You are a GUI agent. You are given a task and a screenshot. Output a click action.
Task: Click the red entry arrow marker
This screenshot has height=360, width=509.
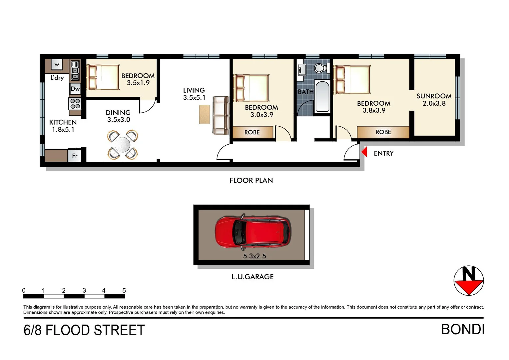[364, 152]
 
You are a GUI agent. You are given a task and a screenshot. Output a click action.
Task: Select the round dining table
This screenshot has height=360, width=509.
[122, 145]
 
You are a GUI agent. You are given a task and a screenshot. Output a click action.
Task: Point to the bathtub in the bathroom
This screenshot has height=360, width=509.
[322, 96]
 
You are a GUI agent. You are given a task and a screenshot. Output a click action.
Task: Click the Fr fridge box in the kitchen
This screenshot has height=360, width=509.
[75, 156]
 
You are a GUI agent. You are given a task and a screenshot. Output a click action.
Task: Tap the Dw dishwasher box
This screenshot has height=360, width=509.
[75, 89]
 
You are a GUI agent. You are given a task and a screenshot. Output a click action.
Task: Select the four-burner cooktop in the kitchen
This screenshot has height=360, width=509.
[75, 104]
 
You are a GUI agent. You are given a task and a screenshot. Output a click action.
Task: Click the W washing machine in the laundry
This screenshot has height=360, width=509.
[57, 65]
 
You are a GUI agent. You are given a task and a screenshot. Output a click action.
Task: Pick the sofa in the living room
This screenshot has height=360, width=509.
[221, 115]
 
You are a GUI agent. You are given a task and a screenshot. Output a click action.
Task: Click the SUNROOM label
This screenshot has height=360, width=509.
[434, 96]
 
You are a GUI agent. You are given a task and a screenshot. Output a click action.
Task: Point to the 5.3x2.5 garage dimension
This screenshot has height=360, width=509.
[254, 256]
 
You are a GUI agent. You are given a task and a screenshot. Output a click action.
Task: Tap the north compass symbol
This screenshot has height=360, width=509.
[468, 281]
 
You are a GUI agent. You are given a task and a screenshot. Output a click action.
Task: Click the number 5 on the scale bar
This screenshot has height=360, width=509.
[124, 290]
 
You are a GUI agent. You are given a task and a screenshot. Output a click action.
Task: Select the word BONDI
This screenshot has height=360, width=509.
[462, 329]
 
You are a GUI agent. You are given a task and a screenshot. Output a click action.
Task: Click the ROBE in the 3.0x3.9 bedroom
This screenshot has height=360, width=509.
[252, 132]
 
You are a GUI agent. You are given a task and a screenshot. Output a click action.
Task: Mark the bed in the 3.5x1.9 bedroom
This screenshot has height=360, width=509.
[103, 77]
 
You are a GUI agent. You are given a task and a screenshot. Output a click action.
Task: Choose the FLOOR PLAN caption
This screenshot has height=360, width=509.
[251, 180]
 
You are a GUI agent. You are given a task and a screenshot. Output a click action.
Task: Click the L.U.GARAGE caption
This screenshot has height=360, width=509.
[253, 277]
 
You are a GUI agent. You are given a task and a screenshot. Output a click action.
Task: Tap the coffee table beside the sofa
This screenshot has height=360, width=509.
[205, 115]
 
